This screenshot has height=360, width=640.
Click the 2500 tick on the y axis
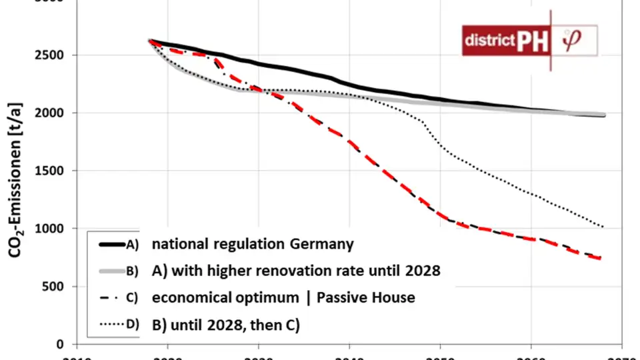[x=50, y=55]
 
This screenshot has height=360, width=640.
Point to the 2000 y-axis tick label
[x=50, y=113]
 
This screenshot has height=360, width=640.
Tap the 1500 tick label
[x=50, y=171]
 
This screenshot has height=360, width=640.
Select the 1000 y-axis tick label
[x=50, y=229]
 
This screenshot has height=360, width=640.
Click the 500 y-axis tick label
[x=53, y=287]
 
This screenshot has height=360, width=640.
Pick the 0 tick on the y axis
[x=59, y=345]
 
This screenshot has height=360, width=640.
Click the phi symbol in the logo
[x=572, y=40]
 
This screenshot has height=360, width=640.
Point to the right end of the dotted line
[x=603, y=227]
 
